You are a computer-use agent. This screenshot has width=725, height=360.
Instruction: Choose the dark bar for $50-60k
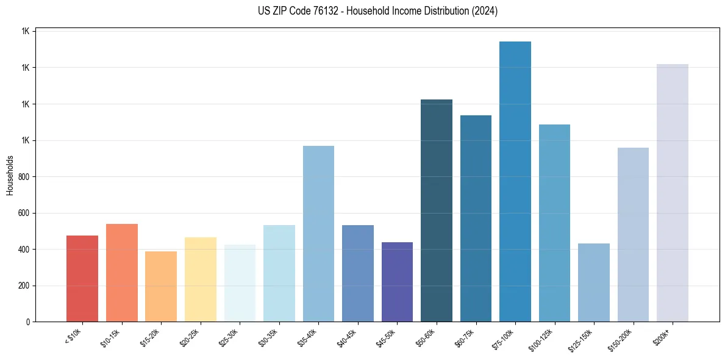point(437,211)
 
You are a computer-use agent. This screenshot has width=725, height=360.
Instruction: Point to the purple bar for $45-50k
point(397,282)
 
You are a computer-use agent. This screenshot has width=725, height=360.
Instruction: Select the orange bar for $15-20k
point(161,286)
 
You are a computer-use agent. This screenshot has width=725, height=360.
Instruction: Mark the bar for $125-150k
point(594,283)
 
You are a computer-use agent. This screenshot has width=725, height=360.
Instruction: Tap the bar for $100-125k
point(554,223)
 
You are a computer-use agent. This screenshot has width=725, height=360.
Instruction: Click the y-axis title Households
point(10,175)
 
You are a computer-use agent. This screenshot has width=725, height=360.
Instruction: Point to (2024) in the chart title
point(485,11)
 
